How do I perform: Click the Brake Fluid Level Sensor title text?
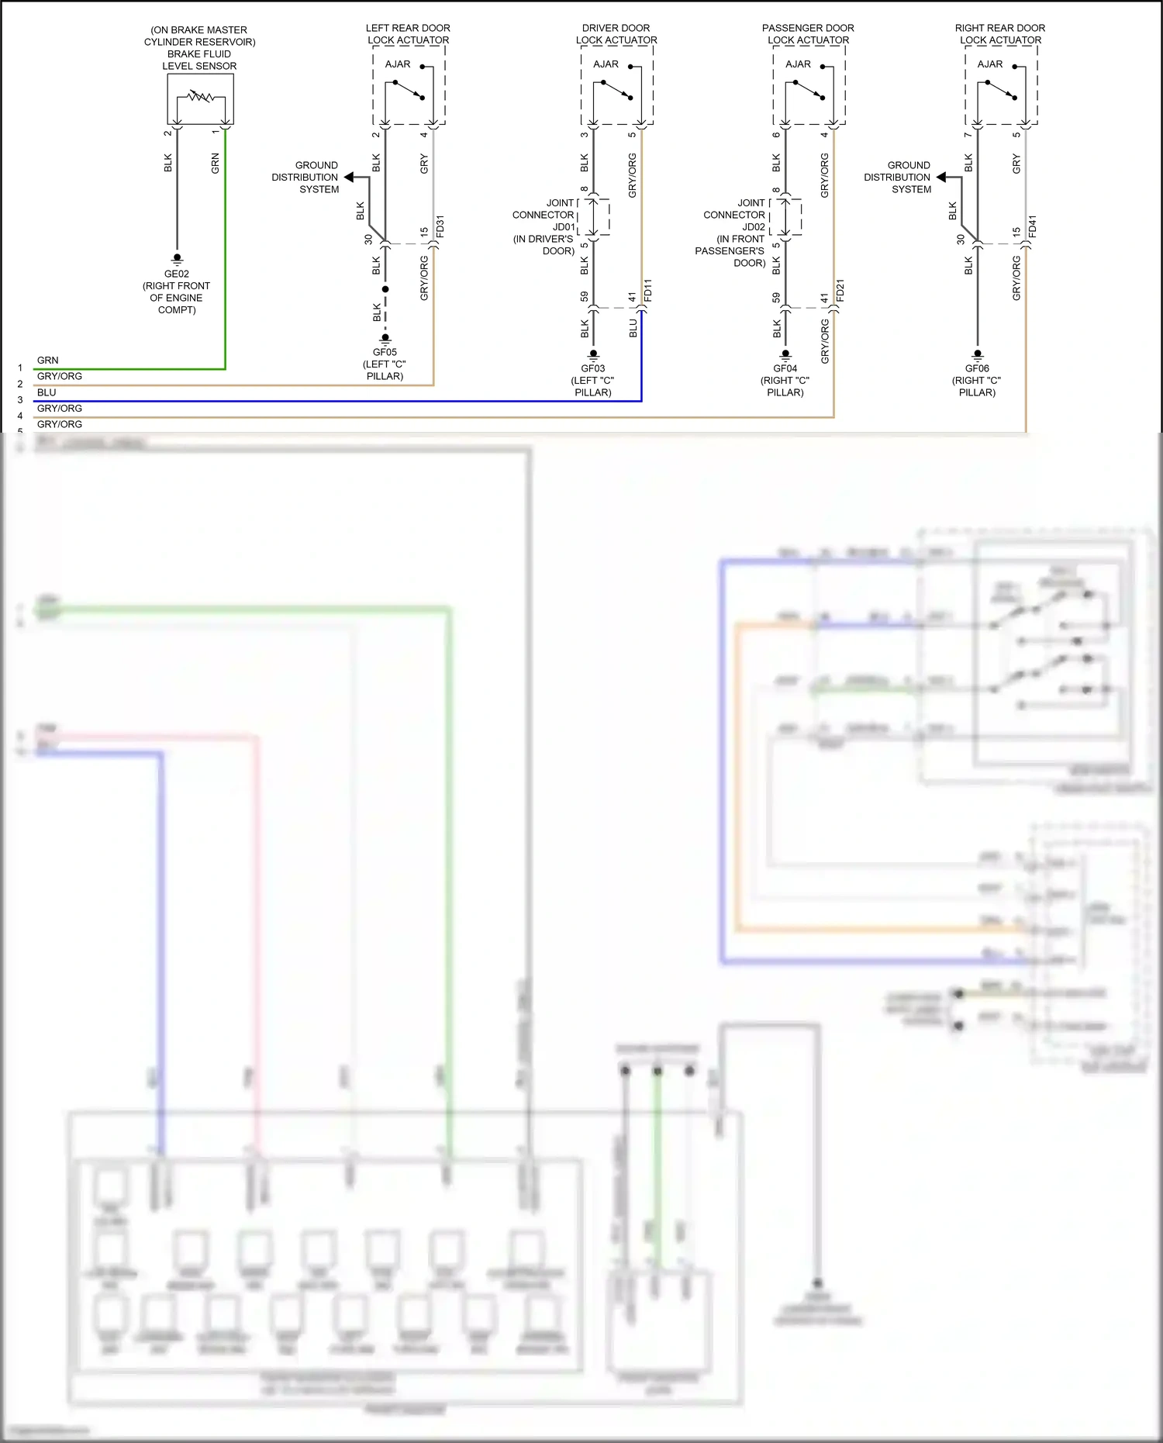pos(199,48)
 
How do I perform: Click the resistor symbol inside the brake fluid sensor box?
pos(201,97)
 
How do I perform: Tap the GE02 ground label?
pos(176,274)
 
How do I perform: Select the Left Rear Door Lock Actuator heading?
pos(408,34)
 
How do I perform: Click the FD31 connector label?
pos(440,226)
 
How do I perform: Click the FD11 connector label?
pos(648,289)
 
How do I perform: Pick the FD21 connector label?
pos(840,289)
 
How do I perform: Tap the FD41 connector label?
pos(1033,226)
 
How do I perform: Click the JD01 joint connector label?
pos(564,227)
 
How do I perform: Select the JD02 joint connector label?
pos(754,227)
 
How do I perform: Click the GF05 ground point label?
pos(385,352)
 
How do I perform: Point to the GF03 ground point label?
pos(592,368)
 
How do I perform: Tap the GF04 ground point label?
pos(785,368)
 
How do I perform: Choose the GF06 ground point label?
pos(977,368)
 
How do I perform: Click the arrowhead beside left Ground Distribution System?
pos(349,178)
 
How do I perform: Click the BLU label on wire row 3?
pos(47,392)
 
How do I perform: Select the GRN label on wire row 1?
pos(47,361)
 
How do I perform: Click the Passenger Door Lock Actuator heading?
pos(808,34)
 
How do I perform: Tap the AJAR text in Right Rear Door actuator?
pos(989,64)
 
